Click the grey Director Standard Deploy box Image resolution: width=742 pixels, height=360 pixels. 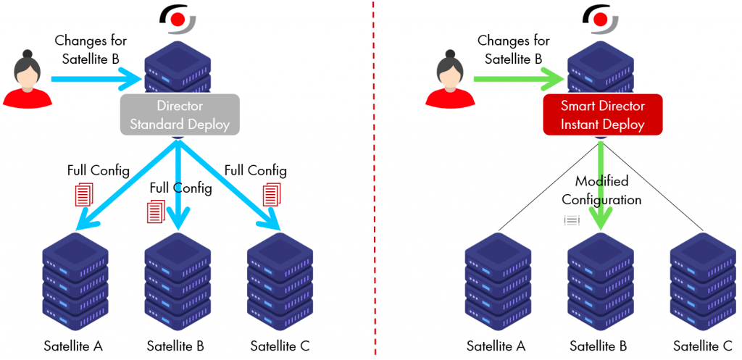pos(179,115)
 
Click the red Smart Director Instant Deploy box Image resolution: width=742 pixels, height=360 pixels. pos(602,115)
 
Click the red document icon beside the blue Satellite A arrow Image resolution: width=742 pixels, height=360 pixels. pos(85,193)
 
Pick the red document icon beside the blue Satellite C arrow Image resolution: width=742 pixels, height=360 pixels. pos(272,193)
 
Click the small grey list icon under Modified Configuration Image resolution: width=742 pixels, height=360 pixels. pos(572,219)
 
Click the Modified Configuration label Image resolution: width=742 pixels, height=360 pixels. pos(601,190)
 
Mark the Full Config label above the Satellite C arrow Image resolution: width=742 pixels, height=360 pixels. pos(255,171)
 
